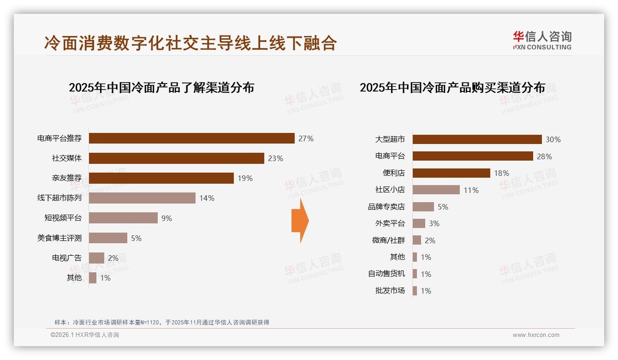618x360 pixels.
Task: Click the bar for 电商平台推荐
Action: pos(191,138)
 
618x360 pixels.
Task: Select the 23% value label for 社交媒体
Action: pos(275,158)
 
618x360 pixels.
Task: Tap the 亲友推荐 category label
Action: pos(66,178)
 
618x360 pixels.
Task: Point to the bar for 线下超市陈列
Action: pos(142,198)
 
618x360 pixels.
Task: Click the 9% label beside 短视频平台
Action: pos(166,218)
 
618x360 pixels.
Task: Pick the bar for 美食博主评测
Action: pos(108,238)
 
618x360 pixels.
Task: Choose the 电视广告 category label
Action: pos(66,258)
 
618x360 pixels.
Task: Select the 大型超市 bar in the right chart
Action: pos(477,139)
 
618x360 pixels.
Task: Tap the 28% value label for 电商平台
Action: pos(544,156)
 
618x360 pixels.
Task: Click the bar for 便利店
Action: pos(451,173)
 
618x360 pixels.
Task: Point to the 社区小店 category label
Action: pos(390,190)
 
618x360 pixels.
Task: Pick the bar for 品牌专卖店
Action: pos(423,207)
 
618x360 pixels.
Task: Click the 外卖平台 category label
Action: pos(390,223)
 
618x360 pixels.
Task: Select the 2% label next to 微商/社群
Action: pos(430,240)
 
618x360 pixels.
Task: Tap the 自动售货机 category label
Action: pos(386,274)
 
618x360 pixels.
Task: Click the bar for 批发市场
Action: pos(415,291)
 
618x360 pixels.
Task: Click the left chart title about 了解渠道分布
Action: pos(161,88)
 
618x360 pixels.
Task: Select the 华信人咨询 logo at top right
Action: pos(542,40)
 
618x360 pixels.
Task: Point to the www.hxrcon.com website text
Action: pos(536,335)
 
